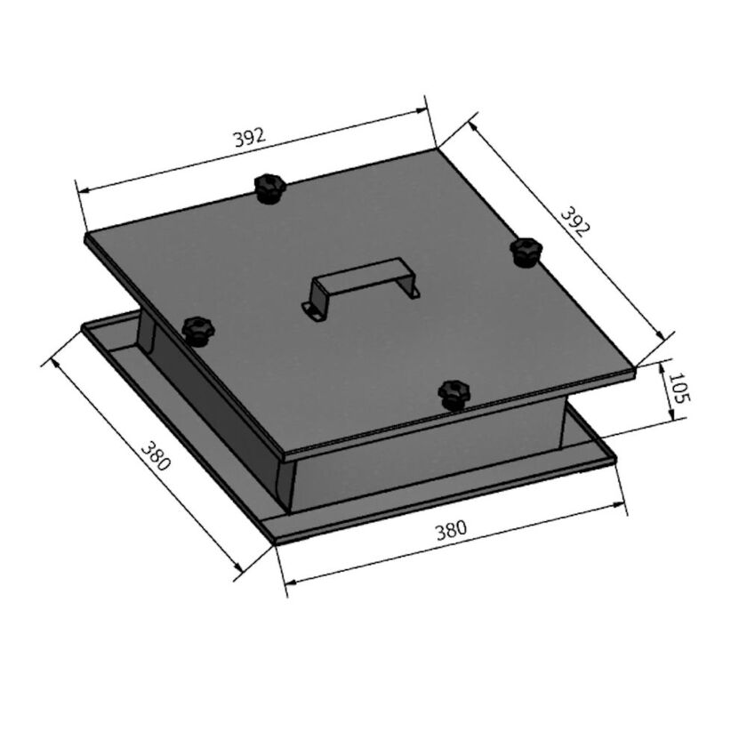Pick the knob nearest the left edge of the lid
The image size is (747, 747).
pyautogui.click(x=197, y=330)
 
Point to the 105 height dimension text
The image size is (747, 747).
pyautogui.click(x=678, y=389)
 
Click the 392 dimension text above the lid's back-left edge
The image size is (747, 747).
pyautogui.click(x=249, y=138)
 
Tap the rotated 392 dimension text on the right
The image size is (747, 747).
pyautogui.click(x=574, y=221)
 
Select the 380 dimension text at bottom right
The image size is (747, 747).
pyautogui.click(x=451, y=532)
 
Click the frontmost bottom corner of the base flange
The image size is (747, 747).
pyautogui.click(x=276, y=542)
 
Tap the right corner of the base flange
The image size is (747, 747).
pyautogui.click(x=615, y=459)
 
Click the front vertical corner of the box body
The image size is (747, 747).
pyautogui.click(x=286, y=485)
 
